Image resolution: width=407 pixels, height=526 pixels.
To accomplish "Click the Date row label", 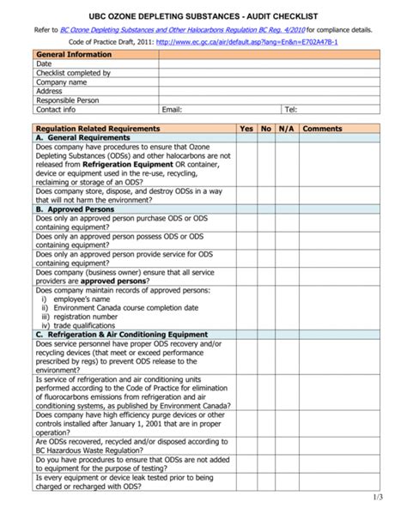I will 44,64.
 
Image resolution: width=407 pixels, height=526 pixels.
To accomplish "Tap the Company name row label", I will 61,82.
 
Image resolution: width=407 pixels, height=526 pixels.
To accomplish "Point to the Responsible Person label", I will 68,100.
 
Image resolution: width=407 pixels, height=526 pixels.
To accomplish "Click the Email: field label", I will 173,110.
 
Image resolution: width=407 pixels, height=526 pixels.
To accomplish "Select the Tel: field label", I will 291,110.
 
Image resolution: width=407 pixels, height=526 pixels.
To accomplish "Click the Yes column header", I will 246,128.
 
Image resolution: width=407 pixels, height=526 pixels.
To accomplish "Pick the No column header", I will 266,128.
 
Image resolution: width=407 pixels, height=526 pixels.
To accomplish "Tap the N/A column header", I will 286,128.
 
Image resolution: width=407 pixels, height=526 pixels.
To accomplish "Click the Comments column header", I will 322,128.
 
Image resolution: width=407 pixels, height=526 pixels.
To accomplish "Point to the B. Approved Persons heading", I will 75,209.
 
